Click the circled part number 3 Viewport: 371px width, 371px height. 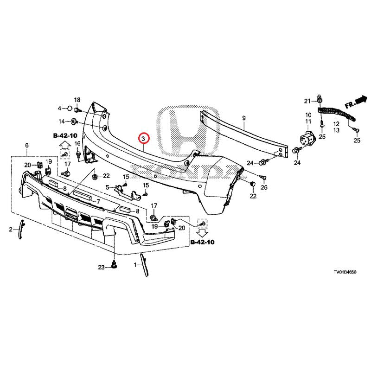pyautogui.click(x=144, y=139)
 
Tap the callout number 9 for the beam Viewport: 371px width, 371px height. pyautogui.click(x=244, y=119)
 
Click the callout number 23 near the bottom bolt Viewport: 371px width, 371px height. pyautogui.click(x=102, y=267)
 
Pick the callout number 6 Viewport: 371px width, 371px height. pyautogui.click(x=27, y=146)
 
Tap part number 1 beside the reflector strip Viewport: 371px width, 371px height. pyautogui.click(x=135, y=265)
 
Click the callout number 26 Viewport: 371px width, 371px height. pyautogui.click(x=264, y=187)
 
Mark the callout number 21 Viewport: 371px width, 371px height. pyautogui.click(x=307, y=101)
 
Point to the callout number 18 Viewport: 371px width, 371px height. pyautogui.click(x=77, y=100)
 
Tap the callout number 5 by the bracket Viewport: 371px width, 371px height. pyautogui.click(x=108, y=187)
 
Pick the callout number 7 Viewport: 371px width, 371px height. pyautogui.click(x=98, y=202)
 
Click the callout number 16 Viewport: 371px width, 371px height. pyautogui.click(x=77, y=143)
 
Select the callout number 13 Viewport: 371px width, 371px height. pyautogui.click(x=336, y=131)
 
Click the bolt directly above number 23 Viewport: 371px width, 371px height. pyautogui.click(x=114, y=266)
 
